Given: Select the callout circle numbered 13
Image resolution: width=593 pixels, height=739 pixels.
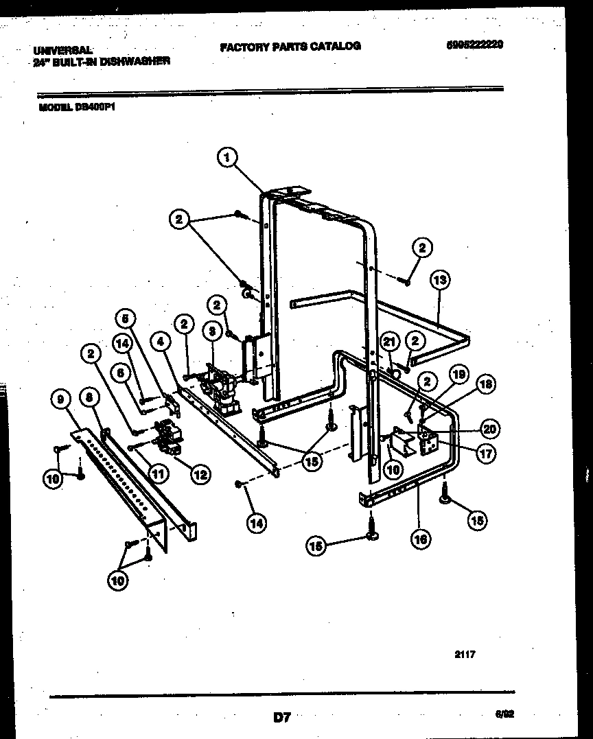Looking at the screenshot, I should click(x=441, y=279).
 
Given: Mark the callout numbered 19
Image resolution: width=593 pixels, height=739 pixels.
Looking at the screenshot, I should click(x=458, y=374).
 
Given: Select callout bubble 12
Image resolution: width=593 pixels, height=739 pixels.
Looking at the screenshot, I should click(x=201, y=473).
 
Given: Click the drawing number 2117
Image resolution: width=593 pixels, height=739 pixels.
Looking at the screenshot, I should click(x=465, y=655).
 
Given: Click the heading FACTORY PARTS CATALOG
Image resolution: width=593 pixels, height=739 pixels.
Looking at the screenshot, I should click(x=290, y=46).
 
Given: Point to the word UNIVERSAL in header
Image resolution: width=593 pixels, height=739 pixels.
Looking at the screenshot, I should click(x=64, y=50).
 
